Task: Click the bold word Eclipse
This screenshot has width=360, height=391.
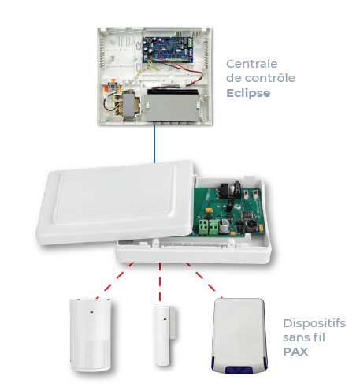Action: point(248,93)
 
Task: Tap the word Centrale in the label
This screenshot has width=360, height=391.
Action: point(251,64)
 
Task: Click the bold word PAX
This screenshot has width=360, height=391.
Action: point(295,352)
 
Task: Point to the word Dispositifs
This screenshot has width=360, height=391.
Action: point(314,323)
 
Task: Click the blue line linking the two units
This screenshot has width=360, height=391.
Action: point(154,144)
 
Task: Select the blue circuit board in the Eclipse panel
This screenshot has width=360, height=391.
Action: point(169,50)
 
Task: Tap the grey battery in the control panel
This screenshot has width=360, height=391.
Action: point(173,106)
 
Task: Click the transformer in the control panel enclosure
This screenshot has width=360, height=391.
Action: point(128,104)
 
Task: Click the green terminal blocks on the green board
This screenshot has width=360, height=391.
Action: point(209,227)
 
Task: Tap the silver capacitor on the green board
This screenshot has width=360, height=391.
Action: point(225,226)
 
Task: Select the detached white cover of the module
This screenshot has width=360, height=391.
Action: point(116,203)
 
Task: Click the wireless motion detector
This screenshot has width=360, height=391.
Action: point(91,335)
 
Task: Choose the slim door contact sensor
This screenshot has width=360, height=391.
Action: point(164,336)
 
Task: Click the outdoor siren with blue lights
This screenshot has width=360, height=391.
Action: point(239,336)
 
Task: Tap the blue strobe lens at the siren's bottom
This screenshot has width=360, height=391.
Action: point(239,370)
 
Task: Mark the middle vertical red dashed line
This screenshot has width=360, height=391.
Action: point(160,281)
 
